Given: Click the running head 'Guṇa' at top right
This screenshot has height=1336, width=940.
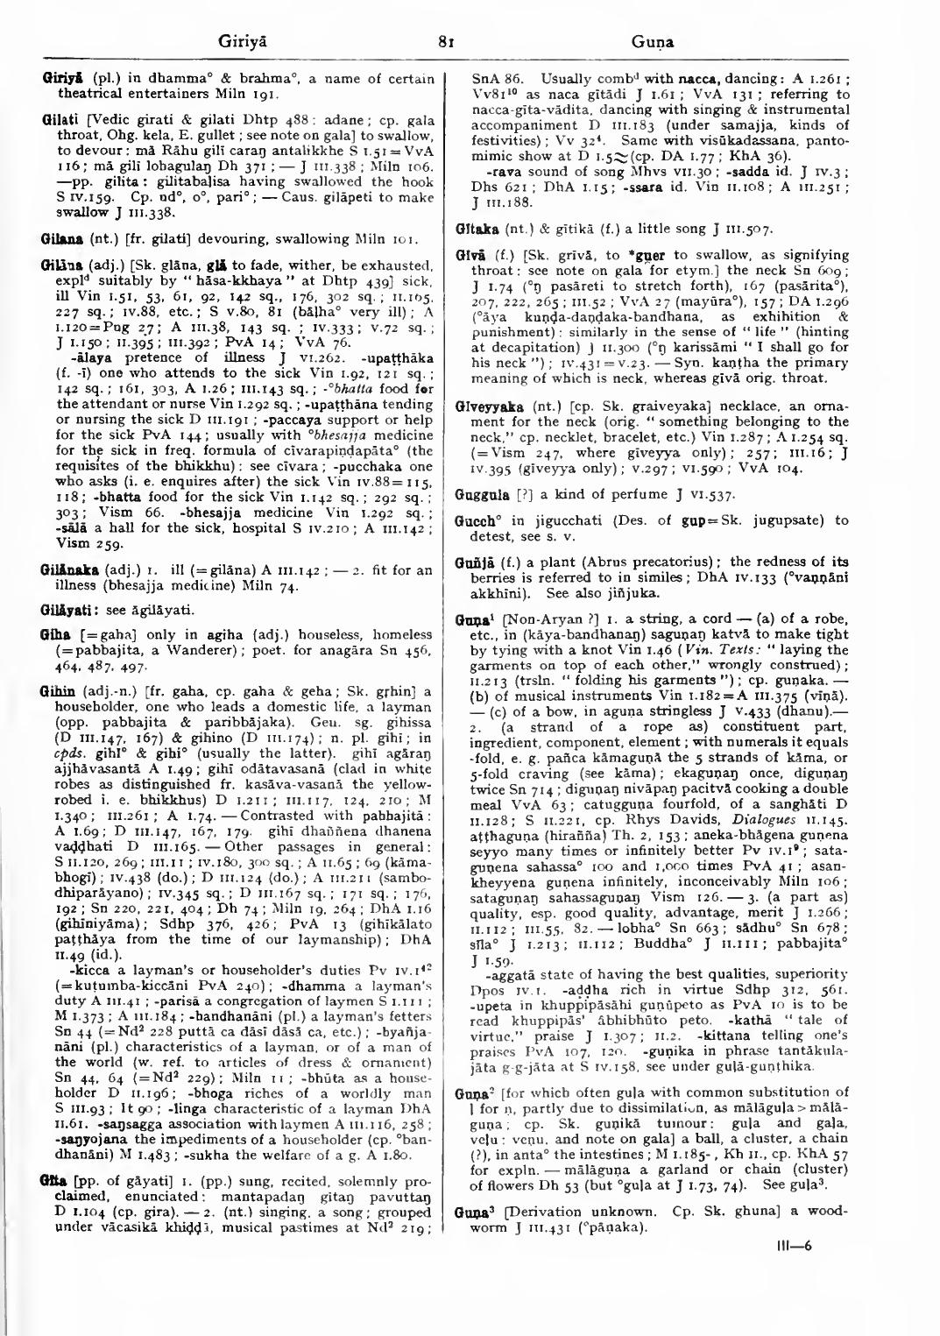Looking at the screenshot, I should tap(650, 40).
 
